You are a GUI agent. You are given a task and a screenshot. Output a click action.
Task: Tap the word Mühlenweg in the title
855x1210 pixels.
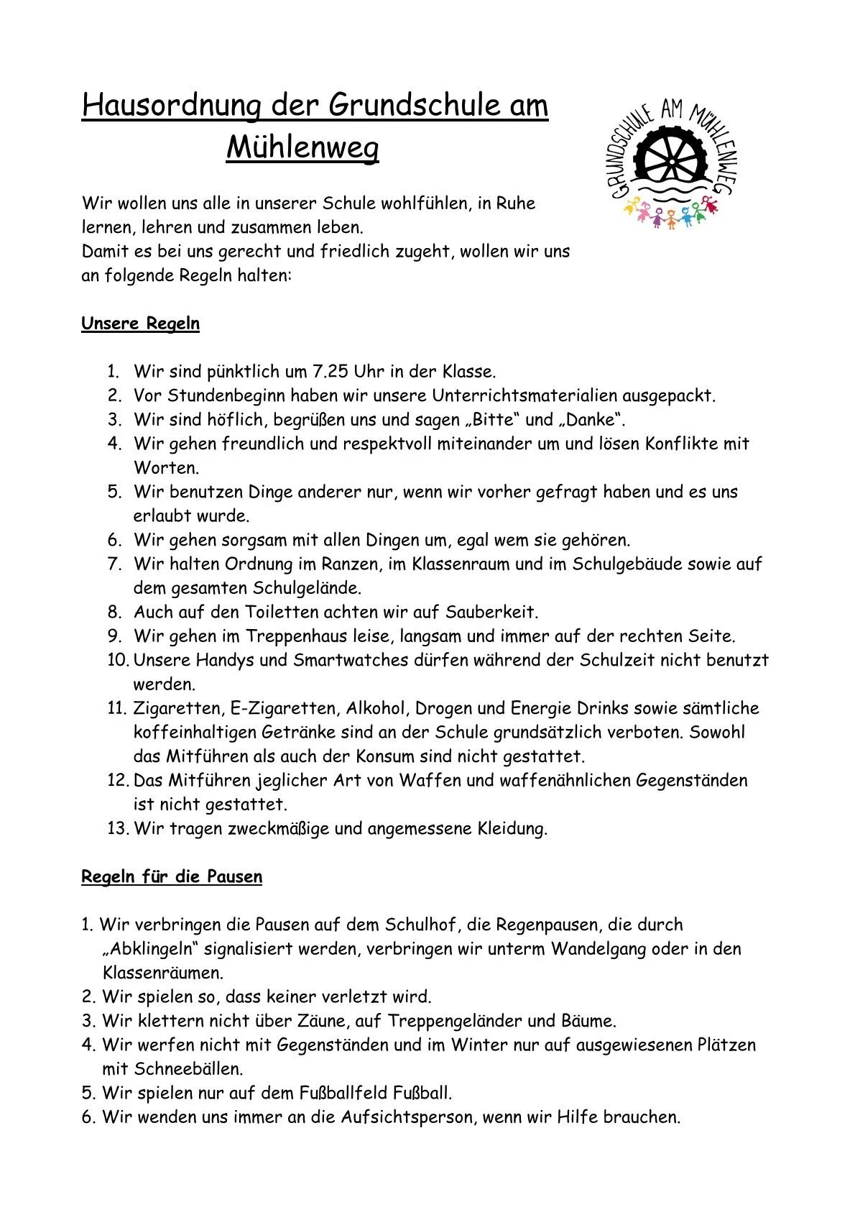pyautogui.click(x=302, y=149)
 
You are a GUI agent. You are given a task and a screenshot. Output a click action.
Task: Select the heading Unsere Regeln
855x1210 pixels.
pyautogui.click(x=140, y=324)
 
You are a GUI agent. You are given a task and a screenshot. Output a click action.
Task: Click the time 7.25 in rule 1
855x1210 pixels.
pyautogui.click(x=329, y=372)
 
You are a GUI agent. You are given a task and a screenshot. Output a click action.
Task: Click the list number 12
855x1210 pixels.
pyautogui.click(x=117, y=780)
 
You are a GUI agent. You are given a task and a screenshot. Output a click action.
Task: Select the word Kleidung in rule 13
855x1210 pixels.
pyautogui.click(x=512, y=828)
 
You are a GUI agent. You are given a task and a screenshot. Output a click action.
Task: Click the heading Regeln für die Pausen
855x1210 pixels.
pyautogui.click(x=172, y=877)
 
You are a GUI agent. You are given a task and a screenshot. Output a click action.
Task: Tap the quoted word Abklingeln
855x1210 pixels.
pyautogui.click(x=150, y=949)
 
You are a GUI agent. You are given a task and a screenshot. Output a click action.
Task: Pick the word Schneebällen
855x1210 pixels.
pyautogui.click(x=193, y=1069)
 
